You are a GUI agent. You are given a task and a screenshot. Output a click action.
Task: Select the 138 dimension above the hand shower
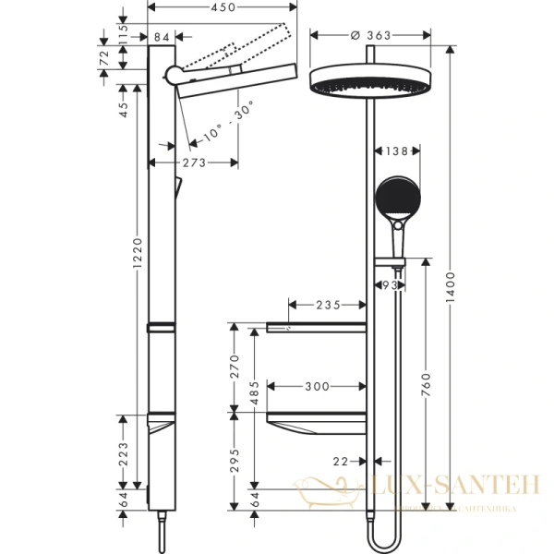click(396, 151)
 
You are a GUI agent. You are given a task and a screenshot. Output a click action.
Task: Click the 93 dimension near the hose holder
click(391, 287)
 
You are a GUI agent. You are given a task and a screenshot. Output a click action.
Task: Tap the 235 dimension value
click(329, 304)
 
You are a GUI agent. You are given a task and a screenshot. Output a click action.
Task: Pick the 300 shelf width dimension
click(316, 386)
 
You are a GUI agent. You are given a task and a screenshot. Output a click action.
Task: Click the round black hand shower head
click(398, 194)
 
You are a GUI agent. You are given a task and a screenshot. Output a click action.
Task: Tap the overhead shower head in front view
click(368, 83)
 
